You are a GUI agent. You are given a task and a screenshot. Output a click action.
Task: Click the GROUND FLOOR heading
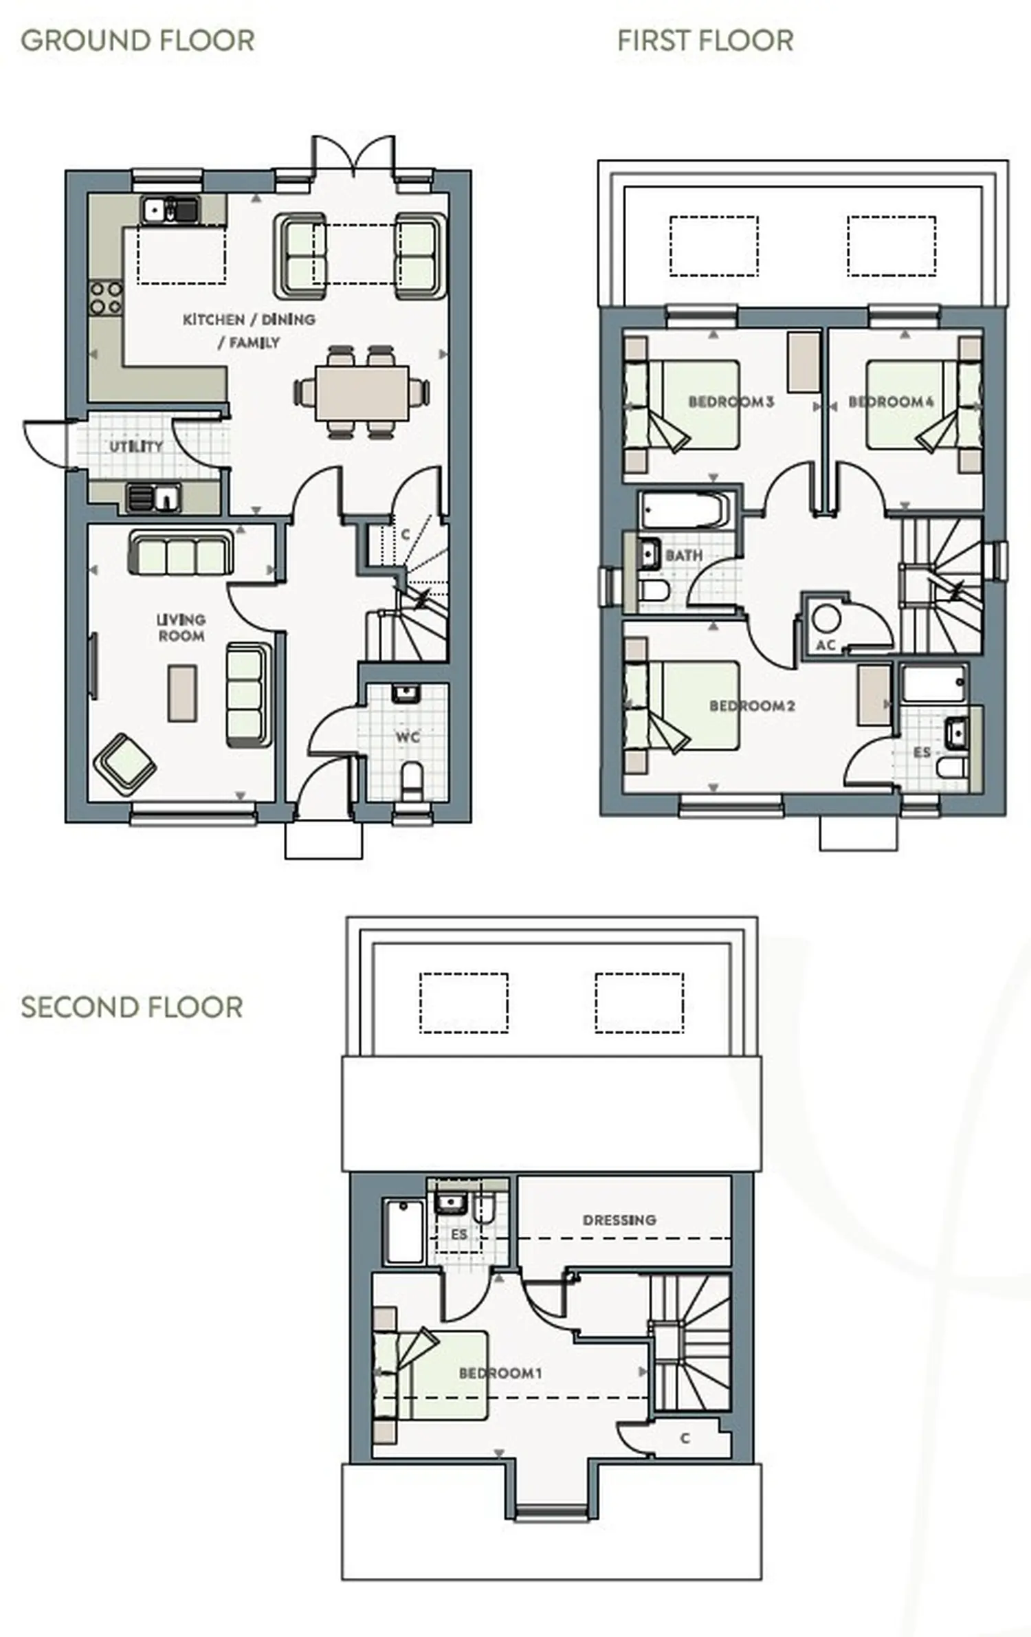click(137, 41)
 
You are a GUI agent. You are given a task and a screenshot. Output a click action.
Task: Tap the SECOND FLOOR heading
click(132, 1007)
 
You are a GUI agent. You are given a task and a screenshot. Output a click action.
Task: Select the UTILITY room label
click(136, 446)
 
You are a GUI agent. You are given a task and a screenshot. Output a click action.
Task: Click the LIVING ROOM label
click(181, 628)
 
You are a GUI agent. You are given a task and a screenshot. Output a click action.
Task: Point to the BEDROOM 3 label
click(731, 402)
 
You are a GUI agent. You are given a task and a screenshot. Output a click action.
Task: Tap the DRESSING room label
click(619, 1220)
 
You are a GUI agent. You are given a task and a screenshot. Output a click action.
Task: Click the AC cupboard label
click(825, 645)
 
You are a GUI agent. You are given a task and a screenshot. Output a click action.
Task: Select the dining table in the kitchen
click(362, 393)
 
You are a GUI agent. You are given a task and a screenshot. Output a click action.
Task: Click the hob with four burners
click(105, 298)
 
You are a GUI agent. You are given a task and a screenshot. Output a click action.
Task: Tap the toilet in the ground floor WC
click(411, 780)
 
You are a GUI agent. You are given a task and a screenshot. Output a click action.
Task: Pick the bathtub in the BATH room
click(683, 509)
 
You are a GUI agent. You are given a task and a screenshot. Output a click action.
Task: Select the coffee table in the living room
click(183, 692)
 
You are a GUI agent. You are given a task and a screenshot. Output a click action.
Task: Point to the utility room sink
click(154, 496)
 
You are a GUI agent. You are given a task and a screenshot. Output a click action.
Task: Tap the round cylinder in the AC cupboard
click(825, 618)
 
